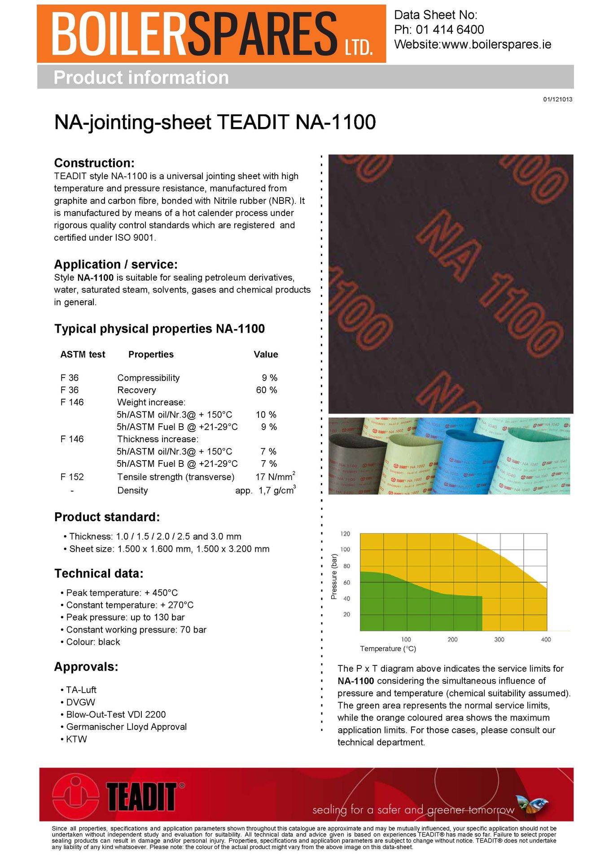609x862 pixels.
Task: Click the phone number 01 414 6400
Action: click(450, 30)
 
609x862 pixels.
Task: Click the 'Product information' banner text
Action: click(141, 77)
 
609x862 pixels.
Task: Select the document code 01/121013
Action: click(557, 99)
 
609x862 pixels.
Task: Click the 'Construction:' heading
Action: click(94, 163)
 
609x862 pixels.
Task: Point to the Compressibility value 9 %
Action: click(270, 378)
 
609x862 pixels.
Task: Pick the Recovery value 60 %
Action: click(267, 390)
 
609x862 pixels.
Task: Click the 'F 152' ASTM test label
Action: click(72, 477)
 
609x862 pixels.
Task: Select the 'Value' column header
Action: click(266, 354)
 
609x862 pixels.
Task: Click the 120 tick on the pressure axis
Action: click(346, 534)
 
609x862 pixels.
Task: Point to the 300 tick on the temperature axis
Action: click(499, 639)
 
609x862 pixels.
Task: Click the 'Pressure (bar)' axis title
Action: click(334, 577)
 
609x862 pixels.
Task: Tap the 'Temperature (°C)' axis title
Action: click(388, 649)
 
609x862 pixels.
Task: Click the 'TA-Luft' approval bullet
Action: click(81, 690)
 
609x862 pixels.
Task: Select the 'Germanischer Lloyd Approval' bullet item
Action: click(126, 726)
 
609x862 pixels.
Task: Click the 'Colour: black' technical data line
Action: click(93, 642)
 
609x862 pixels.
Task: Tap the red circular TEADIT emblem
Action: click(75, 796)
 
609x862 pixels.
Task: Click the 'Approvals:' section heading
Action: click(86, 667)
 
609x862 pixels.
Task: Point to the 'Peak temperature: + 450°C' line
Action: click(122, 593)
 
